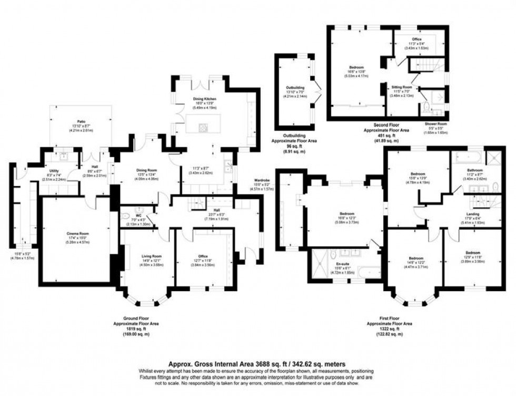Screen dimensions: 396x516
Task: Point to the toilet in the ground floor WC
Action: (x=125, y=216)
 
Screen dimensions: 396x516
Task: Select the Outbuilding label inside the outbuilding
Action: (x=295, y=88)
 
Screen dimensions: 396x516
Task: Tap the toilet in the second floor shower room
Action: (x=426, y=108)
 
